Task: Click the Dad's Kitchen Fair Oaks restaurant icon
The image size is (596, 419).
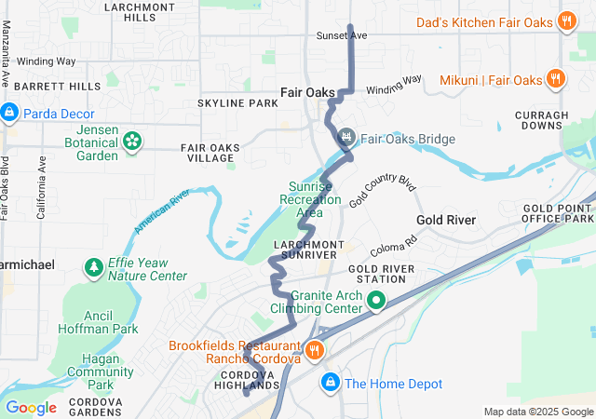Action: [x=565, y=20]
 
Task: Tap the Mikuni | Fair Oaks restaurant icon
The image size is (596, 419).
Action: [x=555, y=79]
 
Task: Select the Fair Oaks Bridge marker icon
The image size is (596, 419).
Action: [x=347, y=139]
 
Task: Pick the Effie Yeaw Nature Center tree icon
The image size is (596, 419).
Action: [x=94, y=269]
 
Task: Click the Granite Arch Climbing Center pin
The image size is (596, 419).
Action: [x=376, y=301]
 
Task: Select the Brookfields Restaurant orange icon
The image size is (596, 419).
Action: [x=316, y=351]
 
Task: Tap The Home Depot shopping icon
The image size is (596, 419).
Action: [x=330, y=383]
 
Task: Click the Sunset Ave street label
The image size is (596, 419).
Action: [x=344, y=35]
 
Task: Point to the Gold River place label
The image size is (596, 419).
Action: [x=446, y=220]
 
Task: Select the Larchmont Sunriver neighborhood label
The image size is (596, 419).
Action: [x=304, y=249]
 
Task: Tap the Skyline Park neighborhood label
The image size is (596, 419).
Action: [x=237, y=102]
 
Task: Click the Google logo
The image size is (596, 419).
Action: [x=31, y=407]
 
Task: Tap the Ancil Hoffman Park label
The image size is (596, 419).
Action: [x=106, y=321]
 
